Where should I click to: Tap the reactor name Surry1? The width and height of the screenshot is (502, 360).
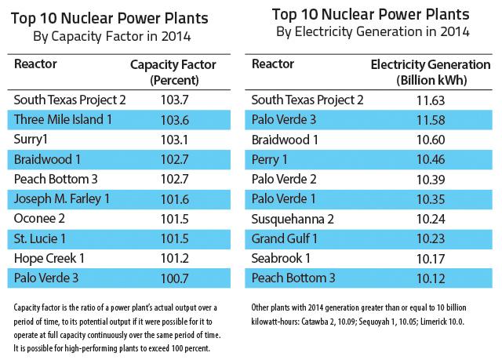coord(33,140)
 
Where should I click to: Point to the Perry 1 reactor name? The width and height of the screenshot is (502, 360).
coord(271,159)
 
